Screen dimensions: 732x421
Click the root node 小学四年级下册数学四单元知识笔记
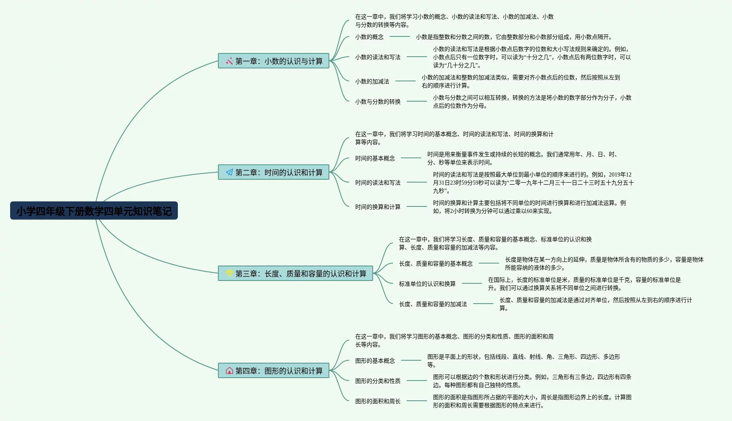tap(94, 211)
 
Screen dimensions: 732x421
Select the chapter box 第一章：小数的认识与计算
tap(273, 61)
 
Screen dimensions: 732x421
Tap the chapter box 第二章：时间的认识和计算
tap(273, 172)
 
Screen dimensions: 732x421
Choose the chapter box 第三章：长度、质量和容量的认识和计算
tap(295, 274)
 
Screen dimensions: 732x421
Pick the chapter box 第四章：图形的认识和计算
tap(273, 371)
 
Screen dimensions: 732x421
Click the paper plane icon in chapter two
tap(229, 172)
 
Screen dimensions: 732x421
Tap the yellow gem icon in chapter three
tap(229, 273)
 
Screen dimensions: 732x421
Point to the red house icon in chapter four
tap(229, 371)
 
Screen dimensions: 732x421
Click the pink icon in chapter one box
tap(229, 61)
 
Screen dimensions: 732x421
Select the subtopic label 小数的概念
tap(369, 37)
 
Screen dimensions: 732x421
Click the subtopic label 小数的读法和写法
tap(378, 57)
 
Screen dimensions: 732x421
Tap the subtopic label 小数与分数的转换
tap(378, 102)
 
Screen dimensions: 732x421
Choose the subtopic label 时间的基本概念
tap(375, 158)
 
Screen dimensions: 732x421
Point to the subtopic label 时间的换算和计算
tap(378, 207)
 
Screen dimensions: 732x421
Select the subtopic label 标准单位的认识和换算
tap(427, 284)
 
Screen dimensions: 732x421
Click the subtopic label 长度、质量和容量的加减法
tap(433, 304)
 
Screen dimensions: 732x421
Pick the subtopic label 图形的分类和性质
tap(378, 381)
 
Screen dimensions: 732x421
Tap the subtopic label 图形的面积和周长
tap(378, 401)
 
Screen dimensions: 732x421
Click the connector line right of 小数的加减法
tap(405, 81)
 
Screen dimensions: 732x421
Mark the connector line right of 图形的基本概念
tap(411, 360)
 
